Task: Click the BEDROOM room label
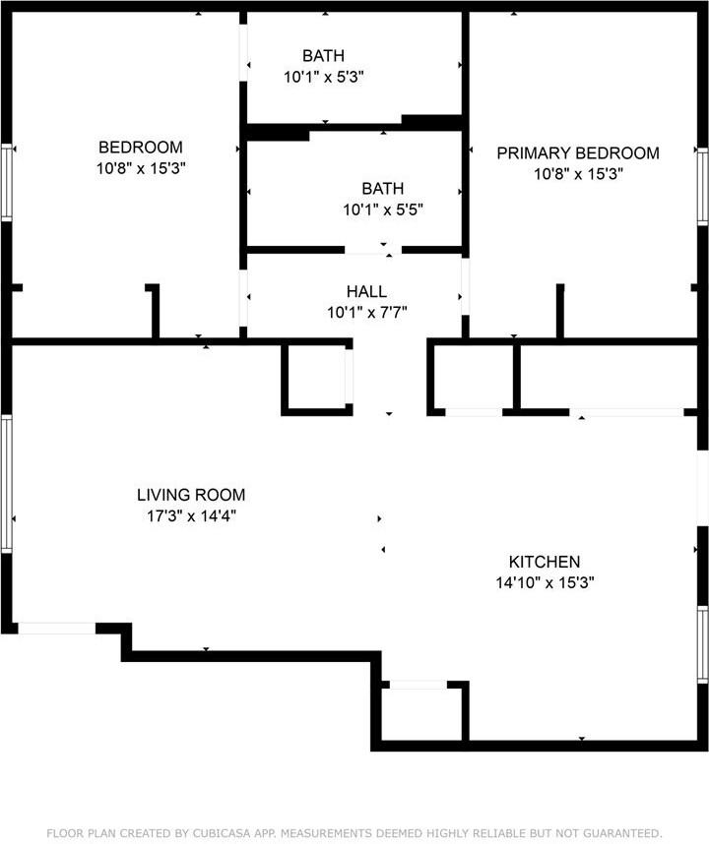tap(141, 148)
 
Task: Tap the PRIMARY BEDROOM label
tap(577, 152)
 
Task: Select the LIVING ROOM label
tap(191, 495)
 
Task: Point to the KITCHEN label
tap(544, 562)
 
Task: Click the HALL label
tap(366, 292)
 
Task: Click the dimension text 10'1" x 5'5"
tap(383, 209)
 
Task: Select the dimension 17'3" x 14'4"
tap(191, 515)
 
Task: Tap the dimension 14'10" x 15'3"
tap(545, 582)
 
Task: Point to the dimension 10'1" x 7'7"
tap(366, 313)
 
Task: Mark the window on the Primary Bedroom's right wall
tap(702, 186)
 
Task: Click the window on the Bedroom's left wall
tap(7, 182)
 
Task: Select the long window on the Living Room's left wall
tap(7, 482)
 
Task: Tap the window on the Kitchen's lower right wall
tap(702, 644)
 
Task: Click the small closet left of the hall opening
tap(315, 377)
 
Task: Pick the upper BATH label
tap(324, 56)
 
